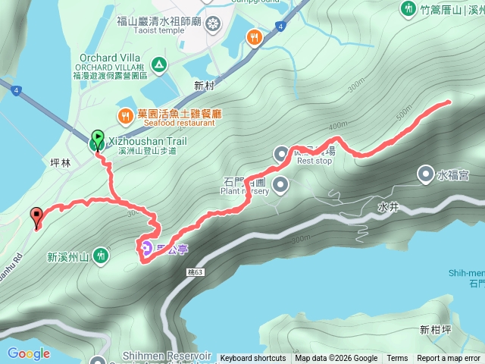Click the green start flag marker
[x=98, y=139]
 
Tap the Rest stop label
[x=314, y=161]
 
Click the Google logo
[x=28, y=353]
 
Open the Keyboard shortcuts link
[x=253, y=359]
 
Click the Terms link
[x=397, y=359]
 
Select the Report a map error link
[x=449, y=359]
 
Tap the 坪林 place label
[x=58, y=162]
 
